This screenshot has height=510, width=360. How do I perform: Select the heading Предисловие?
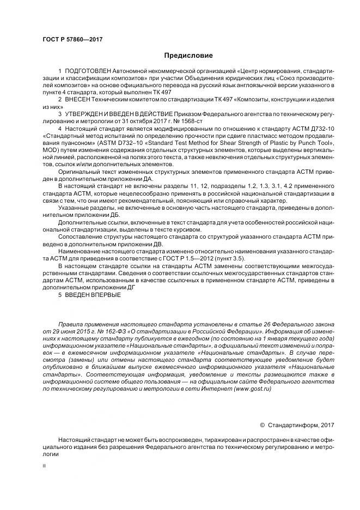188,56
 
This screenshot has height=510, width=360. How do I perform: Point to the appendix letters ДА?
147,178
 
